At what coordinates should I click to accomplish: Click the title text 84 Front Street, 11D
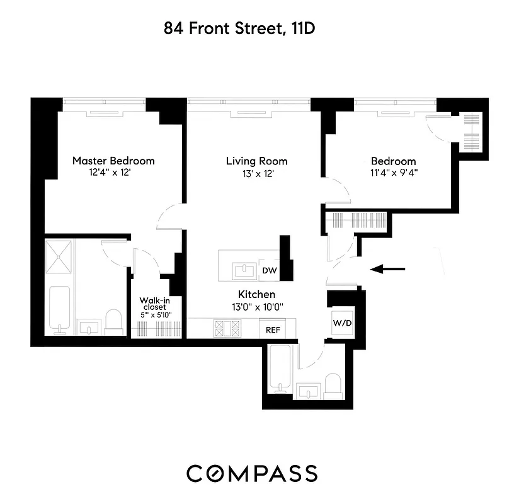(244, 28)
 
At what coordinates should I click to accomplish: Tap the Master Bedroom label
(113, 161)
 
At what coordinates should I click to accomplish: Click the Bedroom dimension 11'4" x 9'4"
(393, 173)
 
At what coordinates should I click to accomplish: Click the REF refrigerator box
(272, 329)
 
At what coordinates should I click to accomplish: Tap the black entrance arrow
(387, 270)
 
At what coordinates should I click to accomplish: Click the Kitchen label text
(256, 294)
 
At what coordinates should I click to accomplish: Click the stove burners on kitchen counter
(228, 328)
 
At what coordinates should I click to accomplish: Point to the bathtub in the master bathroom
(60, 309)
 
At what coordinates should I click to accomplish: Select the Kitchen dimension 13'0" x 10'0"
(256, 307)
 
